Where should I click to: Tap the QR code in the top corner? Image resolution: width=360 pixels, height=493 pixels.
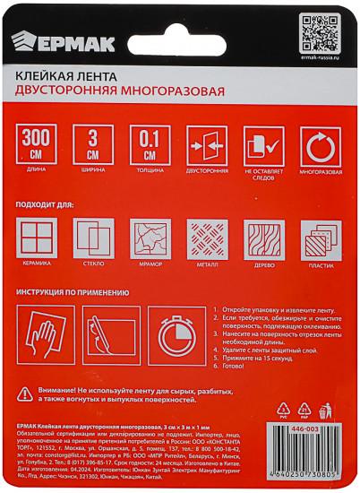point(319,32)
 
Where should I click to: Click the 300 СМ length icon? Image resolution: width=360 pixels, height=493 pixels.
point(36,144)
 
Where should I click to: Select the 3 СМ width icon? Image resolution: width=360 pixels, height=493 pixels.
point(92,144)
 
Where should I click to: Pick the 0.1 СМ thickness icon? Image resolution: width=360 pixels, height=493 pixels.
point(150,144)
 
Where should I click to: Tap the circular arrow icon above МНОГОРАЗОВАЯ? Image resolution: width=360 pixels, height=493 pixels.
point(320,145)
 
